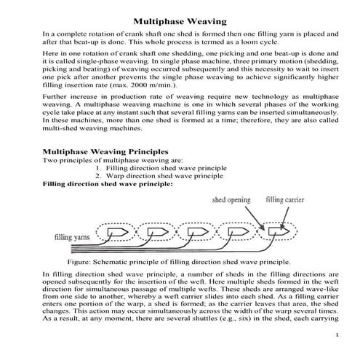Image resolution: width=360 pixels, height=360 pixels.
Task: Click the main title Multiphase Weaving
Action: (x=179, y=19)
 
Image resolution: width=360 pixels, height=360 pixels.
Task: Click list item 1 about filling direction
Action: (x=167, y=167)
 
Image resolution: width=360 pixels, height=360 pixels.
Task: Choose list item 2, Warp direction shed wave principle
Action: (x=164, y=176)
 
